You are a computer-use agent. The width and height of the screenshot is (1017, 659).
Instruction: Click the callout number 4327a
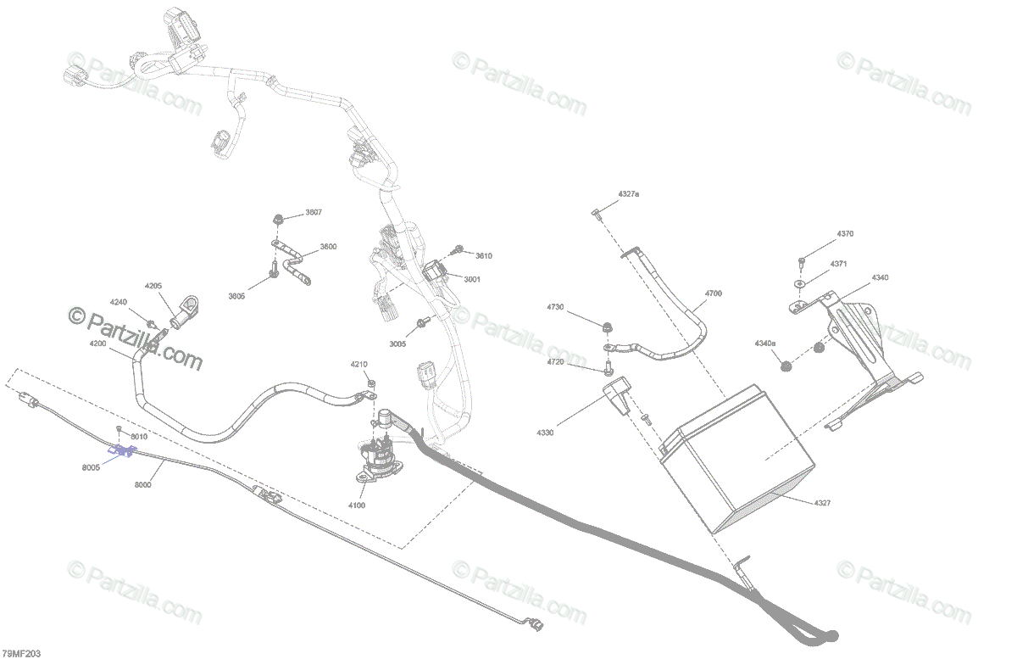[628, 194]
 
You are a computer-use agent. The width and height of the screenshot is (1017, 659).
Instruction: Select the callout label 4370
[845, 233]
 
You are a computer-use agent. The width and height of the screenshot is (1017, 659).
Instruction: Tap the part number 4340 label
[881, 277]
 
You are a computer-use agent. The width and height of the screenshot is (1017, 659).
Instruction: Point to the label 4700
[713, 293]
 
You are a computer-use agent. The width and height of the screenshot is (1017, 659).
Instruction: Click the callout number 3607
[314, 212]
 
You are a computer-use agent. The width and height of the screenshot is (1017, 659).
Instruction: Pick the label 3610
[483, 255]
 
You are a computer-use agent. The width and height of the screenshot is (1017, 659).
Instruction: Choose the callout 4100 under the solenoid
[357, 505]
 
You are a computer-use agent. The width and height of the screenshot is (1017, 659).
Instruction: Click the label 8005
[92, 466]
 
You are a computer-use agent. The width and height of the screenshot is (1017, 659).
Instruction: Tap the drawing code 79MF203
[20, 653]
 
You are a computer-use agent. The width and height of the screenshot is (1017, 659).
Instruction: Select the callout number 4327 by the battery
[822, 503]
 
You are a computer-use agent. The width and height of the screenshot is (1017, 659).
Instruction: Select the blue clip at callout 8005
[124, 451]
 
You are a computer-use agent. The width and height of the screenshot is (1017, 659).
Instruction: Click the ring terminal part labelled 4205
[185, 310]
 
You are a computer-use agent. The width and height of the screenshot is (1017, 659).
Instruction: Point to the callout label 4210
[359, 364]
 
